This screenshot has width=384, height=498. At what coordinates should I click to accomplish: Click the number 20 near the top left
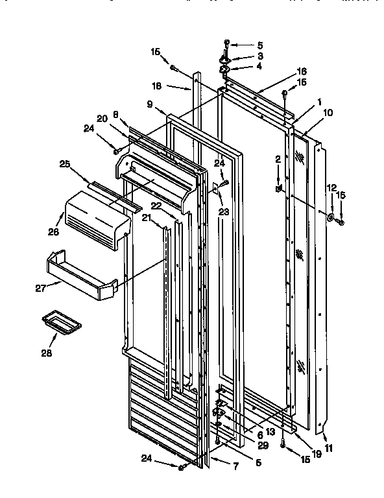pyautogui.click(x=102, y=118)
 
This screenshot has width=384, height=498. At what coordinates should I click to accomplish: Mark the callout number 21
pyautogui.click(x=147, y=219)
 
